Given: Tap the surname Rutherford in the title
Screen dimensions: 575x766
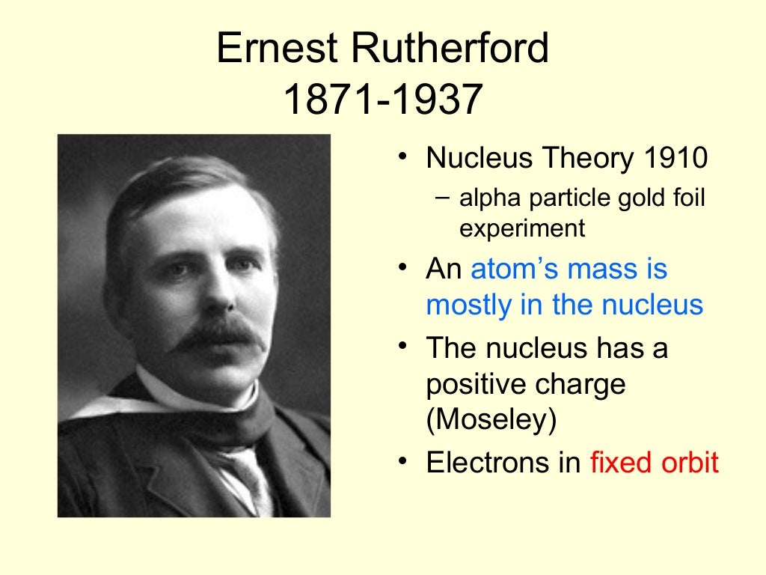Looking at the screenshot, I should coord(453,49).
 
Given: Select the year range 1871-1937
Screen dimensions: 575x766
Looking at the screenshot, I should coord(382,100).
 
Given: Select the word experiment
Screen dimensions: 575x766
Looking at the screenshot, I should coord(522,228).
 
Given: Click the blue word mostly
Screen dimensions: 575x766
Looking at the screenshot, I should coord(465,305).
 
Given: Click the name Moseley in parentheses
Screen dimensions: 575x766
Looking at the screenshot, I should coord(492,420).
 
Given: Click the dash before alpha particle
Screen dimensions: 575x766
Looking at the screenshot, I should coord(442,198).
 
